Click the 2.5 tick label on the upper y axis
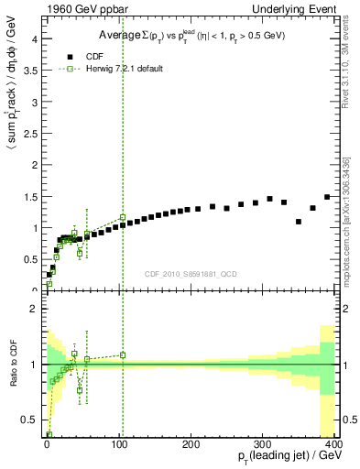[29, 134]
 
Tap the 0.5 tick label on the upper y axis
[29, 258]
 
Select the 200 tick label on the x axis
[190, 445]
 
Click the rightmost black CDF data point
[327, 197]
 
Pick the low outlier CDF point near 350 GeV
[299, 222]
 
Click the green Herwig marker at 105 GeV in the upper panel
[122, 217]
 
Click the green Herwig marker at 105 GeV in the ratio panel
[122, 354]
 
